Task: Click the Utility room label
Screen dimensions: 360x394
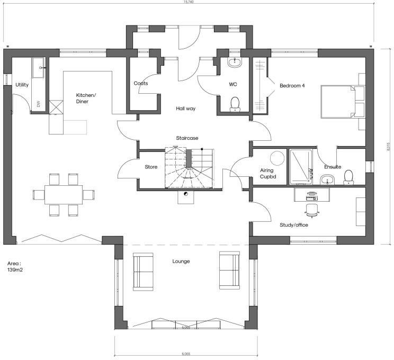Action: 22,85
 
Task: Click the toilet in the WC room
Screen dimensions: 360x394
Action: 235,103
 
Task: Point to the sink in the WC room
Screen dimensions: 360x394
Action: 234,63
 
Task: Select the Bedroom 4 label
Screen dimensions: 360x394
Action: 292,86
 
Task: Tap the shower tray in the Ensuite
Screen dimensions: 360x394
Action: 301,167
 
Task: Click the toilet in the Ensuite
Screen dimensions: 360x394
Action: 349,179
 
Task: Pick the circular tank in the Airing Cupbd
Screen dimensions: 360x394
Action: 277,158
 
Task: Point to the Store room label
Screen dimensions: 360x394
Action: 151,167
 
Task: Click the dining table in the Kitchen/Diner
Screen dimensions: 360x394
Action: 64,194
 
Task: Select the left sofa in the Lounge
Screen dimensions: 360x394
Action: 143,271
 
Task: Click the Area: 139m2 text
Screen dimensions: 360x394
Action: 15,266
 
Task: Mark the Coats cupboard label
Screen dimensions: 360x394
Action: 141,84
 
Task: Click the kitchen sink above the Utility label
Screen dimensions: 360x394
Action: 40,68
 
